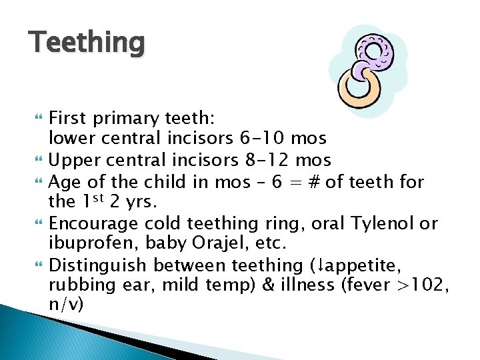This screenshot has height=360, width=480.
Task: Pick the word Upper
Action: [x=77, y=160]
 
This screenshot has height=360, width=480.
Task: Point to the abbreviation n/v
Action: [x=65, y=304]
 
